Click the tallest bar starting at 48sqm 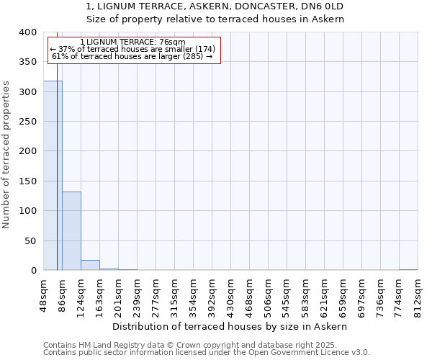[x=53, y=176]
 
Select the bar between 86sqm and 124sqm [x=71, y=231]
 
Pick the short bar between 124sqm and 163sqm [x=90, y=265]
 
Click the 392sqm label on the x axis [x=212, y=293]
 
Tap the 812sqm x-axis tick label [x=418, y=293]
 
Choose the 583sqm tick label [x=305, y=293]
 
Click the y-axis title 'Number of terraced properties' [x=6, y=155]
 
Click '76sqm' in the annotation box [x=174, y=42]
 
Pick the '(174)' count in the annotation [x=201, y=49]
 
